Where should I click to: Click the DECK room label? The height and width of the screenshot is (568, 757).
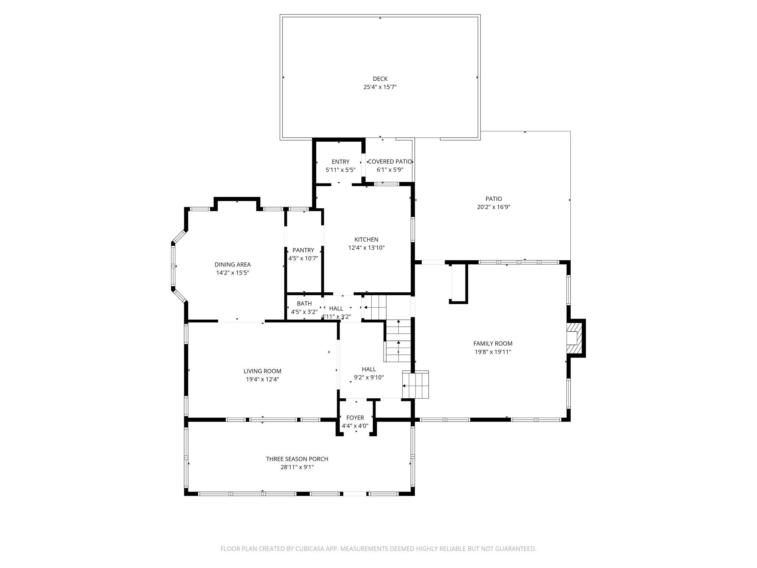[380, 79]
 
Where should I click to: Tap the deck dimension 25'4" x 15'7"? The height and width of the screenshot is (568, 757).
[380, 87]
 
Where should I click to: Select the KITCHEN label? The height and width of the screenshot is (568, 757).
[366, 240]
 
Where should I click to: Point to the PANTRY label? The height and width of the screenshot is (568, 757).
[303, 250]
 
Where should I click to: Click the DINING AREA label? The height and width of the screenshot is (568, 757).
[233, 265]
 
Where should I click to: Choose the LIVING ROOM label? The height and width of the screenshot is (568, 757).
[262, 371]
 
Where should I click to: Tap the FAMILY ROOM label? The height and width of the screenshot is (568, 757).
[493, 343]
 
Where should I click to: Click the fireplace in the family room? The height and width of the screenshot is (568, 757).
[575, 338]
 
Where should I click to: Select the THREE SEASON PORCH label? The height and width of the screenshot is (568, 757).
[297, 459]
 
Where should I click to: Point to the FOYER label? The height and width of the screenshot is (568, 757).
[355, 418]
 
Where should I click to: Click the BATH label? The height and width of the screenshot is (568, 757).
[304, 303]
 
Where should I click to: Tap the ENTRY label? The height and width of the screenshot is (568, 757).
[341, 162]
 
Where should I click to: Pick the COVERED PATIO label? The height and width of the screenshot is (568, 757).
[390, 162]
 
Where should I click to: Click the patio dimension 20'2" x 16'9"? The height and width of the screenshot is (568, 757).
[494, 207]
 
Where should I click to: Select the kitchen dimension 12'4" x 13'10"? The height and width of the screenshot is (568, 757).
[366, 248]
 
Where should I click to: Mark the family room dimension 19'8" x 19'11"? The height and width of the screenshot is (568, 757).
[493, 352]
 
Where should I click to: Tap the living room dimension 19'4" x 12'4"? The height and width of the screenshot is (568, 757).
[262, 379]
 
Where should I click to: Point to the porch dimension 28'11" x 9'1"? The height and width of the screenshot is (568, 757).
[297, 467]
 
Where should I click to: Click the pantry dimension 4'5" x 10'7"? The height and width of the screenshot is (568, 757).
[303, 259]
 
